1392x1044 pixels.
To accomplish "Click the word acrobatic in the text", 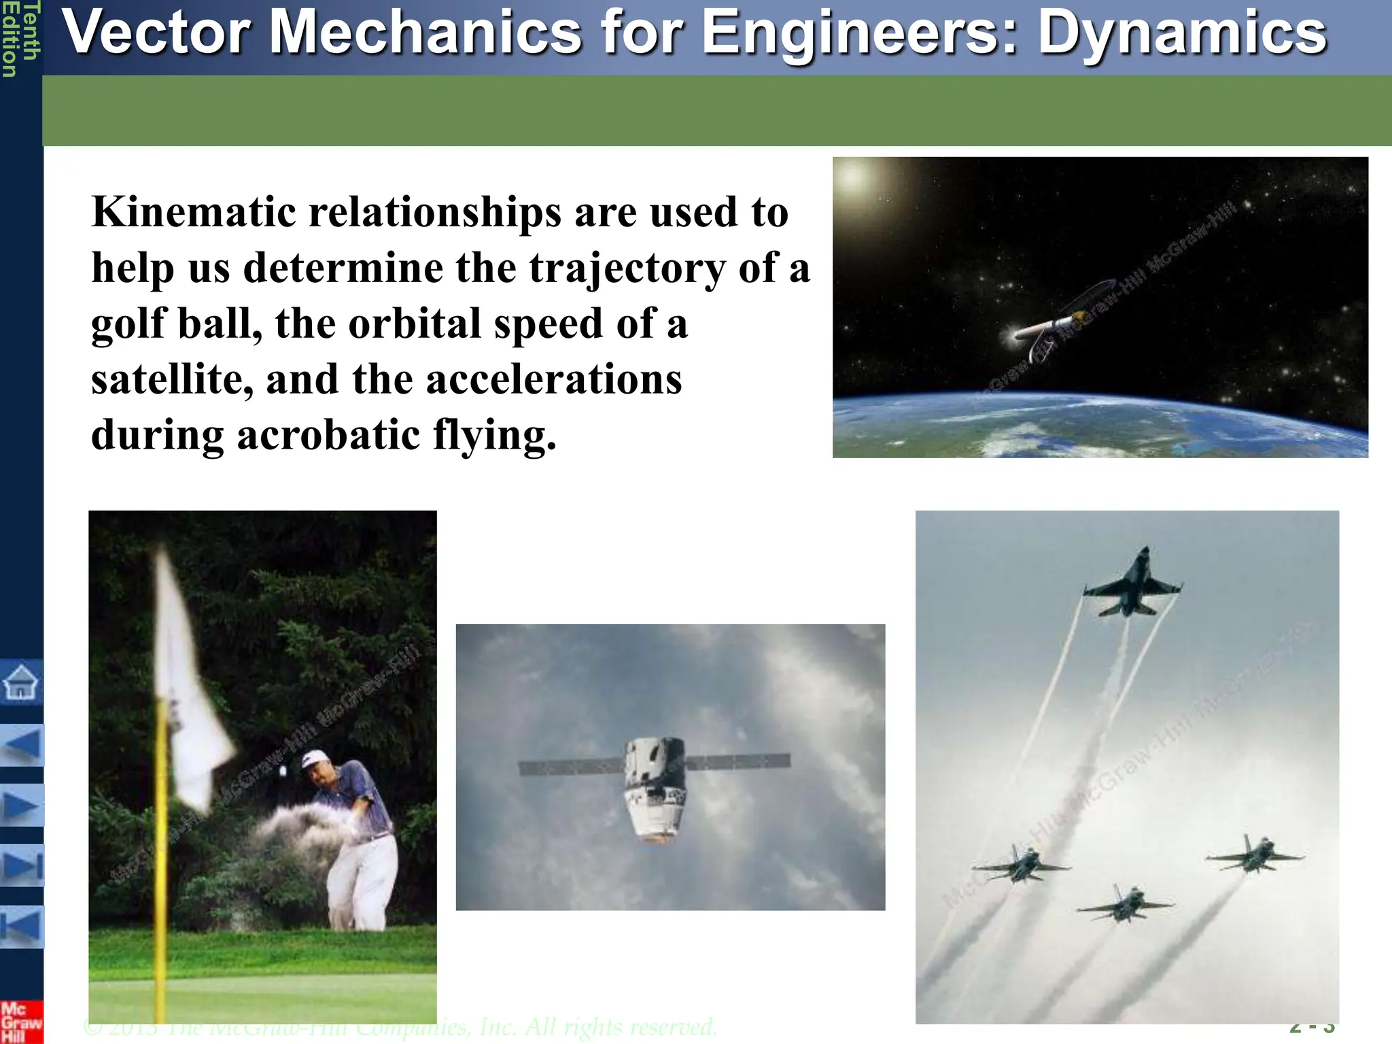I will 328,435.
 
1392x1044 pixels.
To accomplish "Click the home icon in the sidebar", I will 21,682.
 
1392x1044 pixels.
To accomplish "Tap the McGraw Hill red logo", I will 20,1022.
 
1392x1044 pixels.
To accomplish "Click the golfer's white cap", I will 313,757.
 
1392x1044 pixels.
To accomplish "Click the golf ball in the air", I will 283,771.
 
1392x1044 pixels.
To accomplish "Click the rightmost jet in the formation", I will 1255,855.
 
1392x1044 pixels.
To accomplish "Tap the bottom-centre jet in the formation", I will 1124,904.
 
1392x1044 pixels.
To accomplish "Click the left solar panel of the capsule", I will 571,767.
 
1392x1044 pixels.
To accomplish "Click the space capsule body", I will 654,788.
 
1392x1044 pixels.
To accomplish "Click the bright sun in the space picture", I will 854,178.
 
